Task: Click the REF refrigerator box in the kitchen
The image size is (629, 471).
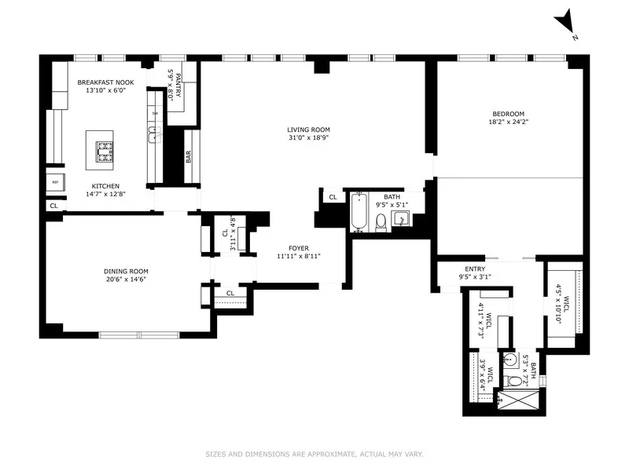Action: [55, 181]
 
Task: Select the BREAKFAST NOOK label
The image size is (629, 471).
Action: [105, 82]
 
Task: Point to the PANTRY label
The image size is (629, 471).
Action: [178, 84]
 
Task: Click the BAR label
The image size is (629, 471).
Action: [189, 157]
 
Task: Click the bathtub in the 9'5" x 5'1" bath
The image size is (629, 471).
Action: [359, 213]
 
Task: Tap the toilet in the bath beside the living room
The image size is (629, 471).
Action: [381, 222]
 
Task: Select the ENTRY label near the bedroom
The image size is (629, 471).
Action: [473, 268]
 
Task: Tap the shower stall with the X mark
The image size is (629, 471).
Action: [520, 402]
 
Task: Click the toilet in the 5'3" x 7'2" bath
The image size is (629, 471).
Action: [515, 381]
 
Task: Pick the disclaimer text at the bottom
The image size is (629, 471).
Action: [314, 453]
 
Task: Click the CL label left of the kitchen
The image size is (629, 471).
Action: [53, 206]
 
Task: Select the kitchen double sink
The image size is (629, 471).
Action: [155, 136]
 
